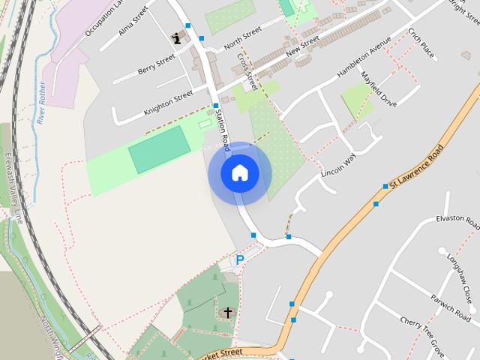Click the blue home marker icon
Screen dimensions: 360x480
240,173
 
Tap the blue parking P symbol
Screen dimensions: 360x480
240,259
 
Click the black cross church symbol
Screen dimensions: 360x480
228,311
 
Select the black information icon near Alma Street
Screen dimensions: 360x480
177,37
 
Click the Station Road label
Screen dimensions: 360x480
222,124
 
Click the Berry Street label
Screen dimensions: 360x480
157,66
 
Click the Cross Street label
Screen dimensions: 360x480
247,71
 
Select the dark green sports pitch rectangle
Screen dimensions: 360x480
159,150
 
